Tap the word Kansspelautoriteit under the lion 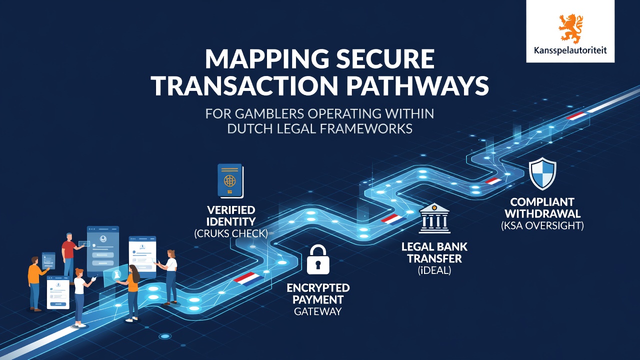click(570, 51)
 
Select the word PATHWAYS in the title click(417, 85)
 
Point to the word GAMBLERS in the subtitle click(270, 113)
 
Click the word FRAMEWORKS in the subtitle click(366, 129)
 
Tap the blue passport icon click(230, 181)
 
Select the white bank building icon click(434, 218)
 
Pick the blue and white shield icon click(542, 173)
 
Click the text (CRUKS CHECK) click(231, 233)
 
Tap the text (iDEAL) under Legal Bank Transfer click(434, 270)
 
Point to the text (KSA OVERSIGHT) click(542, 225)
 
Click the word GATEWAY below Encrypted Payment click(317, 311)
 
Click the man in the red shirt click(69, 257)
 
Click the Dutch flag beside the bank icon click(393, 219)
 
